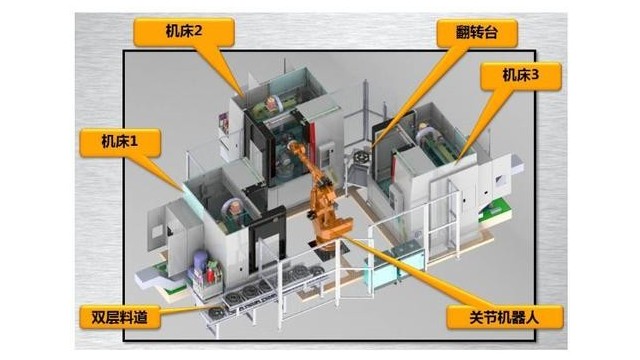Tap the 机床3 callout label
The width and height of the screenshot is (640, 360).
(516, 75)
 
